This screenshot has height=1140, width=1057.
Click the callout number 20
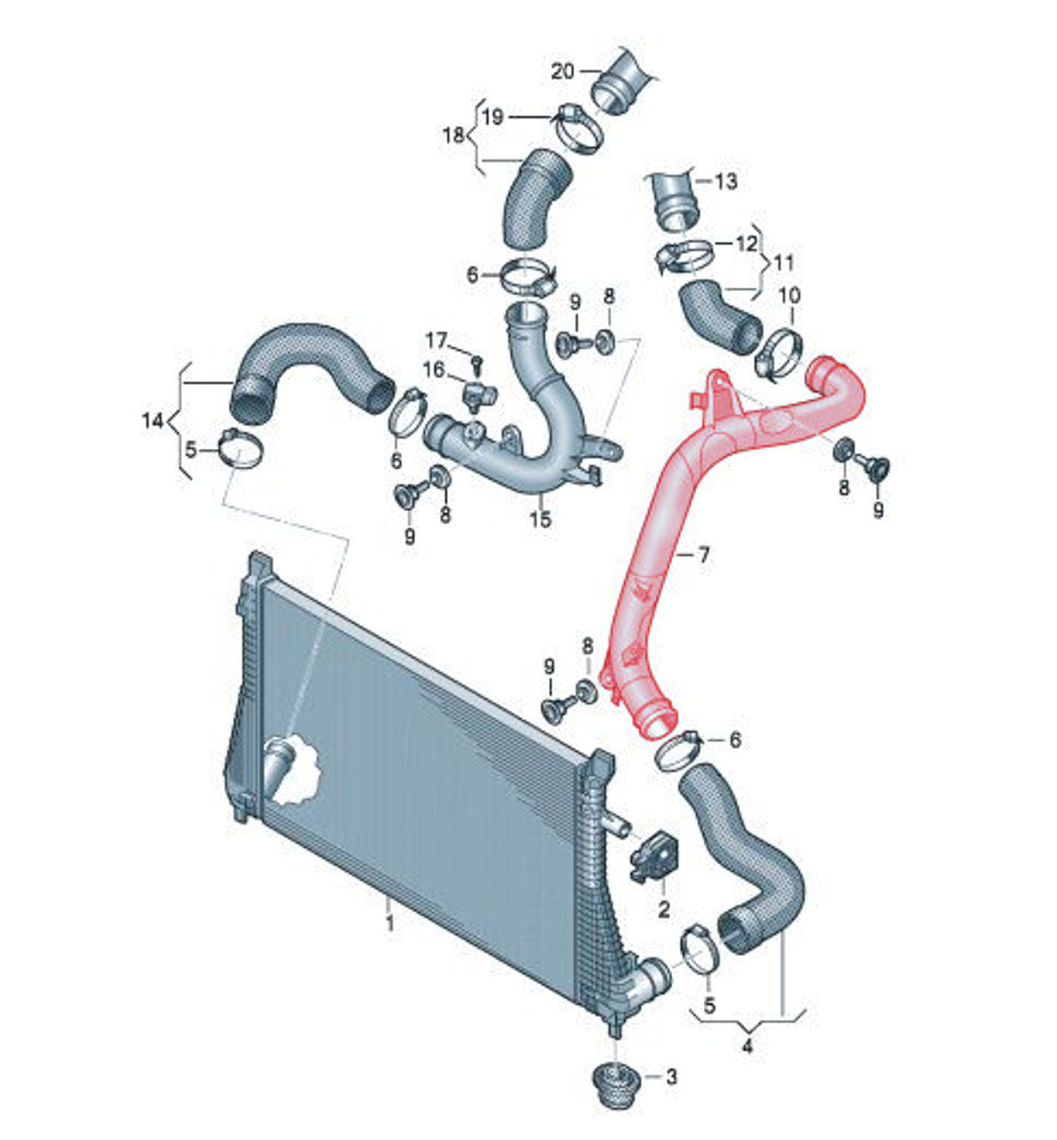point(563,70)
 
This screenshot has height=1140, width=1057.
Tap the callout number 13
point(726,182)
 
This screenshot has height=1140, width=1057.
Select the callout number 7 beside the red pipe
point(703,555)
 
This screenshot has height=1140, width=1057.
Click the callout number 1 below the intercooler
point(389,924)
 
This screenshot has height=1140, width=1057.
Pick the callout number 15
point(540,518)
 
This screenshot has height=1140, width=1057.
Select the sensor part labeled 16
point(476,393)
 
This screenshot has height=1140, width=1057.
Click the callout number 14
point(153,420)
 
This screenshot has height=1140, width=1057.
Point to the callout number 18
point(454,135)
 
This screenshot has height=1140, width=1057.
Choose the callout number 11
point(784,264)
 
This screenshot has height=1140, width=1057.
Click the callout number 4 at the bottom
point(747,1046)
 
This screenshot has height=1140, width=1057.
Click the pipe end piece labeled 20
point(619,82)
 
